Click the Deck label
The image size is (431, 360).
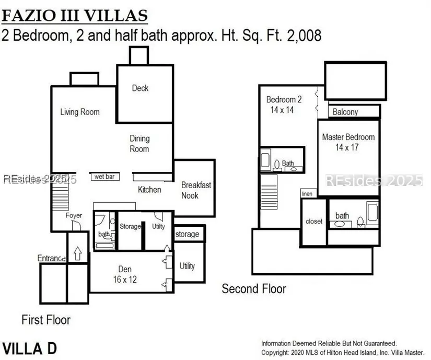point(140,88)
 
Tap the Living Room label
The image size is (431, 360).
point(80,112)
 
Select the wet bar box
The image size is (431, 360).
point(106,177)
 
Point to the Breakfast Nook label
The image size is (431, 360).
point(196,190)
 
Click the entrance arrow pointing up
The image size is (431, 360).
point(78,253)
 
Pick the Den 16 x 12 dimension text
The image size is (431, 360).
point(125,280)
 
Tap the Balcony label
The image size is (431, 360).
point(345,112)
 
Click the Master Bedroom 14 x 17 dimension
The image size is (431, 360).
point(347,147)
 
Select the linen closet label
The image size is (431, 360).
point(307,194)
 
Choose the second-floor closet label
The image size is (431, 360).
point(314,221)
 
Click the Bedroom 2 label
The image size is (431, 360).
point(284,99)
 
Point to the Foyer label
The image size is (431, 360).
point(74,215)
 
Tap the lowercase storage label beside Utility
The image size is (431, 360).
point(187,234)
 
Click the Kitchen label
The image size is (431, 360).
point(149,190)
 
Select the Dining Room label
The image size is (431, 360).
point(139,144)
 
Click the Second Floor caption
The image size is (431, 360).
point(254,289)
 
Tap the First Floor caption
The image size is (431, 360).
point(46,320)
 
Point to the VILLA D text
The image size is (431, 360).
point(30,349)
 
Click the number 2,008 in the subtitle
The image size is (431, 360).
point(304,36)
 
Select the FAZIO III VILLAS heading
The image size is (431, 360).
point(75,16)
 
